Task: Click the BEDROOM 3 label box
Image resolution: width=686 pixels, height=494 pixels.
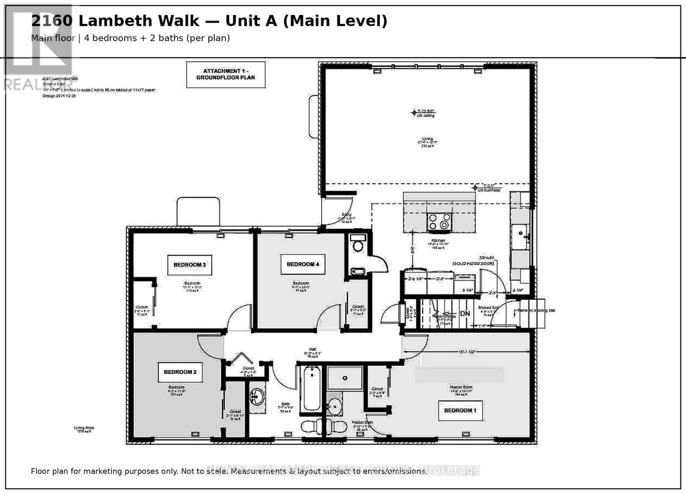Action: tap(189, 265)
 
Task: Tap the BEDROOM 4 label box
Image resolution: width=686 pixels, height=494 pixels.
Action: tap(303, 264)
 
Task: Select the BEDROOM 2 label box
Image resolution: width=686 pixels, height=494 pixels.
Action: tap(180, 372)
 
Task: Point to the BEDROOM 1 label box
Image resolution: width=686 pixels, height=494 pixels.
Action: tap(460, 410)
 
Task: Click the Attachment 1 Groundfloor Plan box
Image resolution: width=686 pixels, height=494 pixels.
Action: tap(226, 74)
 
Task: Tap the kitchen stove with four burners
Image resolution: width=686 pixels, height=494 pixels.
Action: tap(439, 222)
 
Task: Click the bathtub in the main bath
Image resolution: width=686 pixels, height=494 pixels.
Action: tap(310, 389)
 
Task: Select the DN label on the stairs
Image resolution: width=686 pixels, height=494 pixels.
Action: tap(465, 313)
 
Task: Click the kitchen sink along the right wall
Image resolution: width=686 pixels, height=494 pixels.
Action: tap(520, 236)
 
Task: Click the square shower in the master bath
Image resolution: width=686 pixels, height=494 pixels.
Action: tap(345, 378)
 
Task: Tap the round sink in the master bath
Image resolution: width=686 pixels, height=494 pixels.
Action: tap(334, 406)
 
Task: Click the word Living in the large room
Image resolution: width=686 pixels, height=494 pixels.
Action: tap(427, 139)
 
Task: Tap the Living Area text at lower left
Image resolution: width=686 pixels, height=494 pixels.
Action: tap(84, 428)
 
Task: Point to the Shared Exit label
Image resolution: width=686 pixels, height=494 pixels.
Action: tap(487, 307)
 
